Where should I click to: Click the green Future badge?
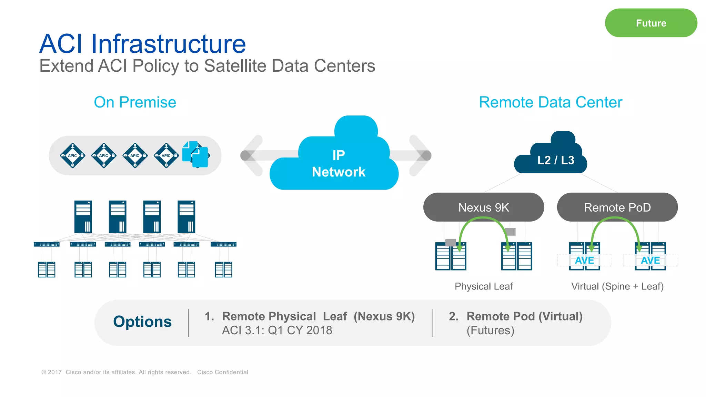[651, 23]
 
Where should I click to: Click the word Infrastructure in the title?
[168, 44]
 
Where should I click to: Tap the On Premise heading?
[135, 102]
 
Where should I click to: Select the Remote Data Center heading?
[551, 102]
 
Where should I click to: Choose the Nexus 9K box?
[483, 207]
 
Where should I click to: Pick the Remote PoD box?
[617, 207]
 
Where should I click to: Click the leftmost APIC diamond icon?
[72, 155]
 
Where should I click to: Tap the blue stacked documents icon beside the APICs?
[195, 154]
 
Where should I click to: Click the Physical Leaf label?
[483, 286]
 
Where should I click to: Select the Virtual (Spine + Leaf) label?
[617, 286]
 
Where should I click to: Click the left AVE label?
[584, 260]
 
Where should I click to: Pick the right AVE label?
[650, 260]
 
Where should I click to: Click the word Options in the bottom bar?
[142, 322]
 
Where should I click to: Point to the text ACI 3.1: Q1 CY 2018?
[277, 330]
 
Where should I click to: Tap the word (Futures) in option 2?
[490, 330]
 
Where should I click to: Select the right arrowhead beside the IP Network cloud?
[421, 155]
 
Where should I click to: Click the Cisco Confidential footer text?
[222, 372]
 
